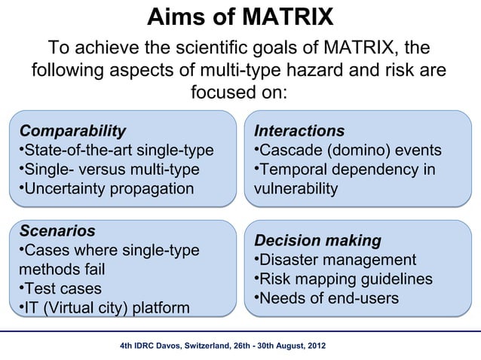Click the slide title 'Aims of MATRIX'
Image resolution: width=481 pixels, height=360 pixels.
point(240,17)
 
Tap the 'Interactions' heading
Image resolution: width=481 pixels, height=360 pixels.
point(299,131)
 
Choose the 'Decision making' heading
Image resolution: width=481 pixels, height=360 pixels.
point(317,241)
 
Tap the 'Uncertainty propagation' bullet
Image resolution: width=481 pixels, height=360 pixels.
point(106,188)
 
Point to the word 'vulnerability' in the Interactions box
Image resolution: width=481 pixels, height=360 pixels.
point(296,188)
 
